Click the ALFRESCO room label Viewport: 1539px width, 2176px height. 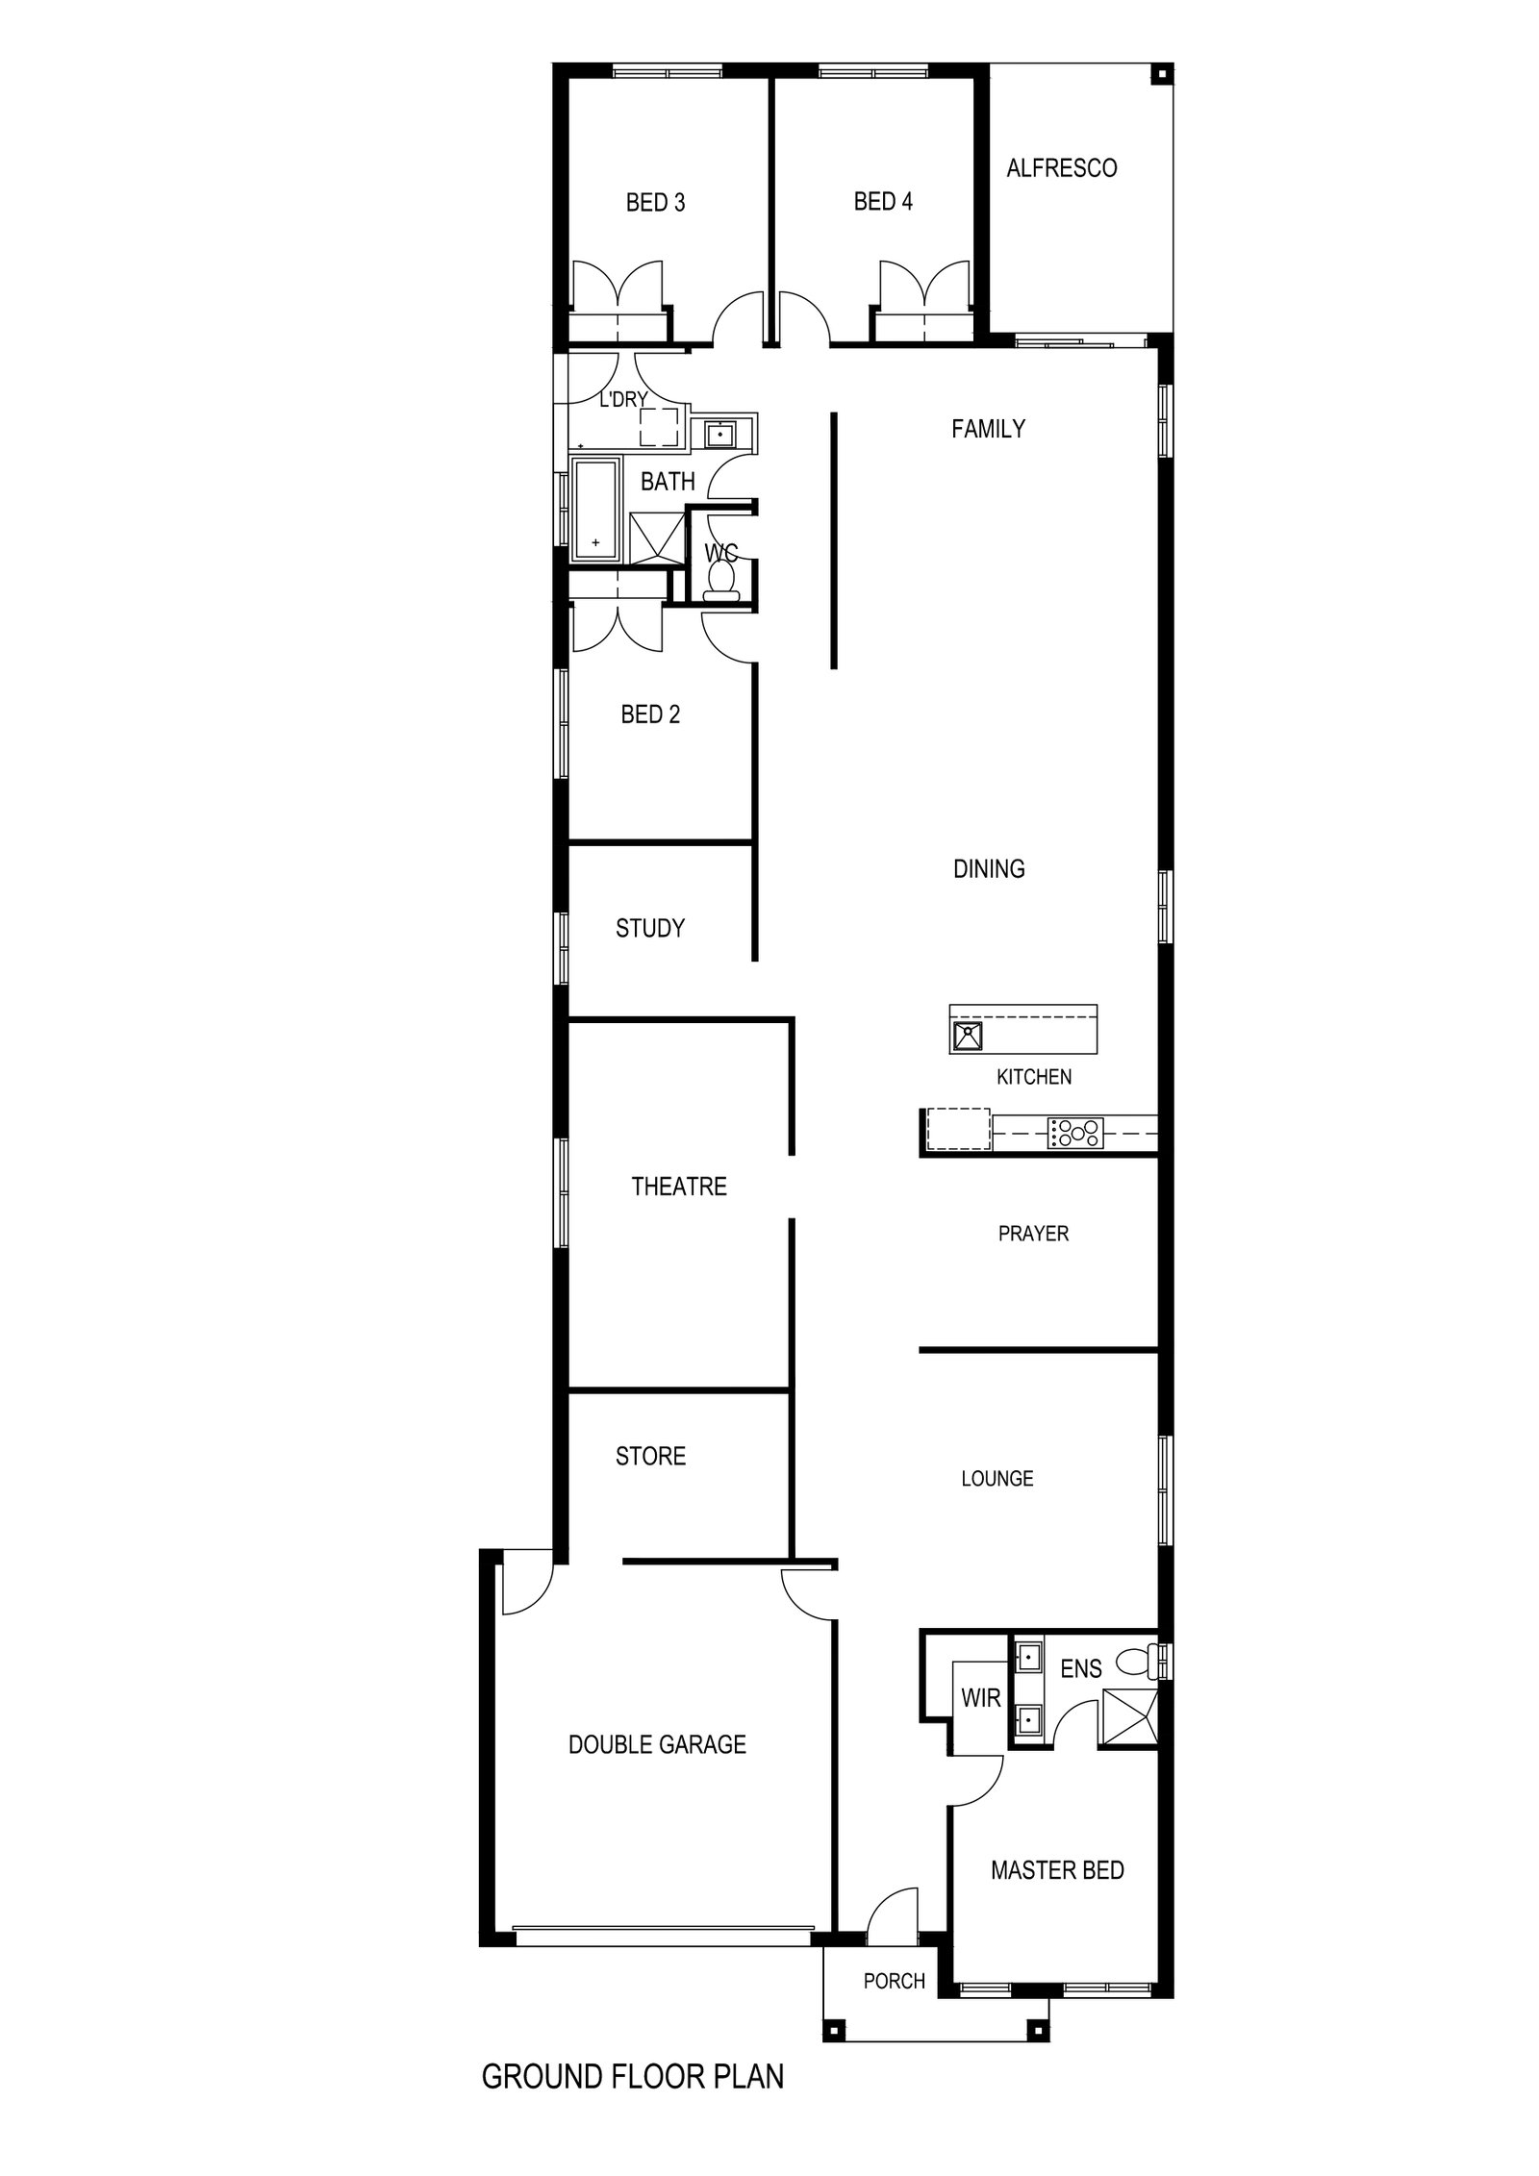tap(1061, 168)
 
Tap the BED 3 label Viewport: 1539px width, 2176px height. tap(655, 203)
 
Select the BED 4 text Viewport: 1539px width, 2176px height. tap(883, 202)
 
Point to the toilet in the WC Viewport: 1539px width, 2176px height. tap(721, 581)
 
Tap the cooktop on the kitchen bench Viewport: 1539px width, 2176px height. tap(1076, 1132)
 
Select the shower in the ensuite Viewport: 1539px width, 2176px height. tap(1130, 1716)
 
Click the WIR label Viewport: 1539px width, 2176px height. tap(981, 1698)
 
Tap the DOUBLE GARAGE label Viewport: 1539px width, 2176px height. tap(657, 1744)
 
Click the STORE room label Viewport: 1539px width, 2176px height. tap(650, 1457)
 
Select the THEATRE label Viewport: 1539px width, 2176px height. tap(679, 1187)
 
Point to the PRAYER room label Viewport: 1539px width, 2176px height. tap(1033, 1234)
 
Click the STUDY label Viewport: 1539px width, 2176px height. tap(650, 928)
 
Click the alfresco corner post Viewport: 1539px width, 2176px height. tap(1161, 74)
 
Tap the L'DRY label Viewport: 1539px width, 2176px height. tap(623, 399)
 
